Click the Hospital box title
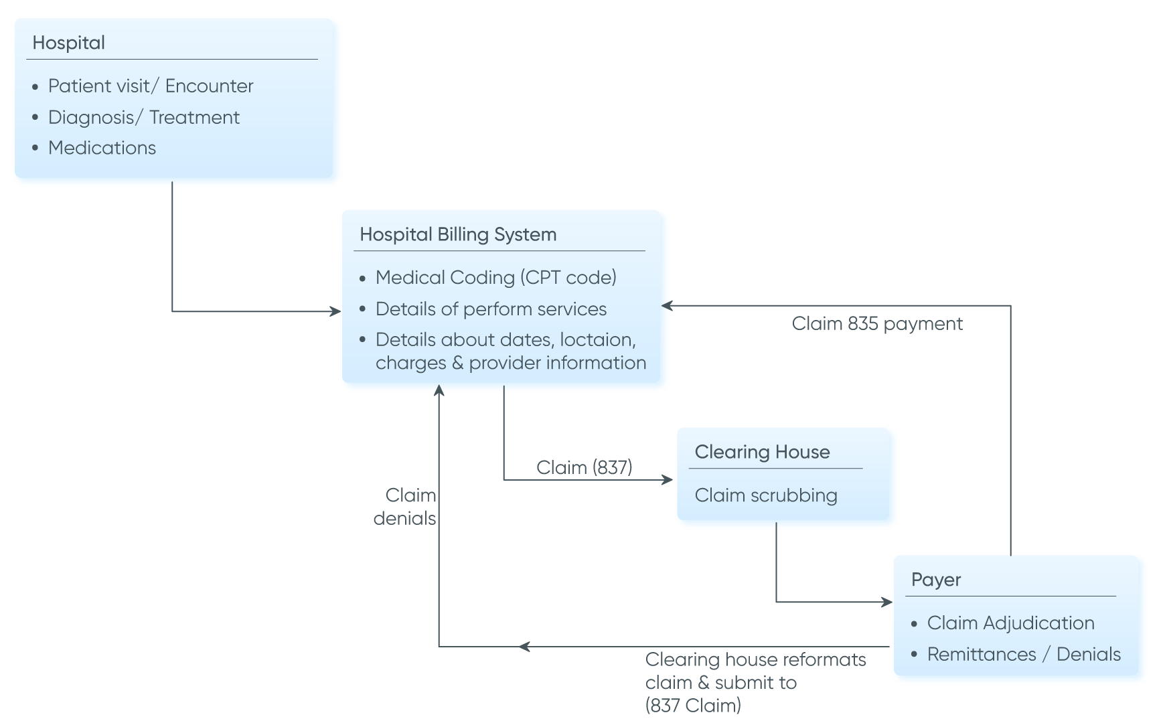[68, 43]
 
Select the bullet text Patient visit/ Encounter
[151, 86]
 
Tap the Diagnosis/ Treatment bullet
[143, 117]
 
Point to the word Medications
[102, 148]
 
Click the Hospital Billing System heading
[458, 234]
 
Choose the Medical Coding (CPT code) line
[495, 277]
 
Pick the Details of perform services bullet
[491, 309]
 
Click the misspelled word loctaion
[597, 339]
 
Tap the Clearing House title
[762, 452]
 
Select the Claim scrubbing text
[766, 495]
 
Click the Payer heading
[936, 580]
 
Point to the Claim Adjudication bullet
[1010, 623]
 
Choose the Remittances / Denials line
[1024, 654]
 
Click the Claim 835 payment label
[877, 324]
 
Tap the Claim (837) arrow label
[584, 467]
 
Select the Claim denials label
[405, 507]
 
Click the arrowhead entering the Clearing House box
[668, 479]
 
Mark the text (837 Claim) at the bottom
[693, 706]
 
